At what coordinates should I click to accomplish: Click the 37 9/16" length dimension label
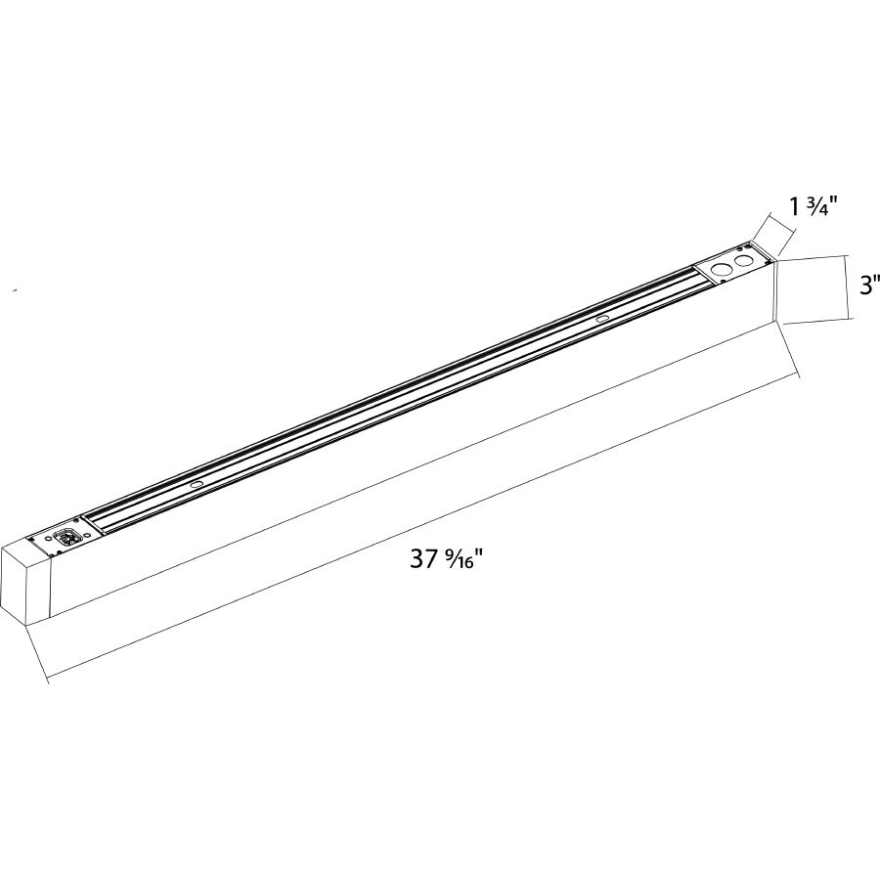tap(446, 561)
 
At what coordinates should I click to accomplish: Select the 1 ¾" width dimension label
tap(815, 207)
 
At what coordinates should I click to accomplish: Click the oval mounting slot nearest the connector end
tap(197, 484)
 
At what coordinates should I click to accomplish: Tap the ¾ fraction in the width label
tap(822, 207)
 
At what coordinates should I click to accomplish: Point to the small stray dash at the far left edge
tap(14, 290)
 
